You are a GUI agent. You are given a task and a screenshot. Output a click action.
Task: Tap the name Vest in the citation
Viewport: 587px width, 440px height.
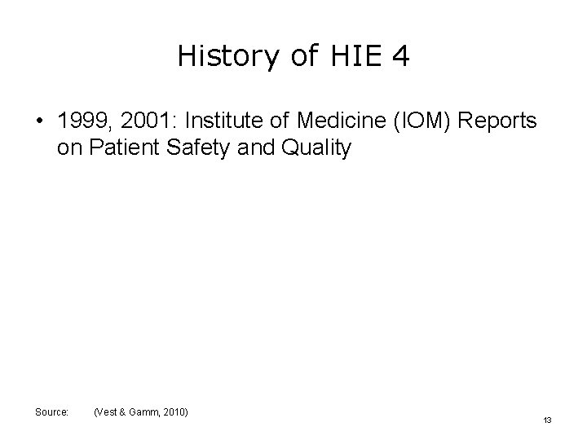pos(108,413)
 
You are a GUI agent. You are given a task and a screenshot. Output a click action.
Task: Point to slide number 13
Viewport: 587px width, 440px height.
pos(547,420)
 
